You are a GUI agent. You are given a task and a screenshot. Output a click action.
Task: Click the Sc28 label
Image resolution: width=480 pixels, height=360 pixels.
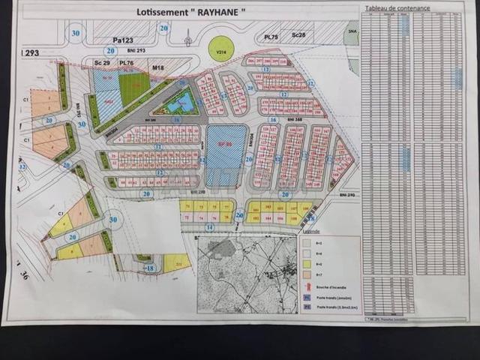pyautogui.click(x=298, y=34)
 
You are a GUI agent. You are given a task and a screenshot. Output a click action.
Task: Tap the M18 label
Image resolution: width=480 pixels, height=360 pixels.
pyautogui.click(x=158, y=67)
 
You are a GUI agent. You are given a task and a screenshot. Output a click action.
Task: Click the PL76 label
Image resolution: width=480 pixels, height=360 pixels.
pyautogui.click(x=125, y=63)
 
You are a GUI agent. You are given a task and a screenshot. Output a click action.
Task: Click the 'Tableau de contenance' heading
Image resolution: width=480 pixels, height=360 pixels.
pyautogui.click(x=397, y=8)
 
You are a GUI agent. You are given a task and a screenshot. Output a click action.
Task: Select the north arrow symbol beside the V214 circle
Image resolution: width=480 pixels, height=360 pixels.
pyautogui.click(x=187, y=41)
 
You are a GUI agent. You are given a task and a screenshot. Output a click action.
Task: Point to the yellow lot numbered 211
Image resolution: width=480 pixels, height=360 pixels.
pyautogui.click(x=175, y=263)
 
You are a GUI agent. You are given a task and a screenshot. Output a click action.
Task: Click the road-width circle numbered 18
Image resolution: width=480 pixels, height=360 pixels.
pyautogui.click(x=150, y=268)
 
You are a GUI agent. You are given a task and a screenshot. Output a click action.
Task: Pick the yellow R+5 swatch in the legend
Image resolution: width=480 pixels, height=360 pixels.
pyautogui.click(x=307, y=262)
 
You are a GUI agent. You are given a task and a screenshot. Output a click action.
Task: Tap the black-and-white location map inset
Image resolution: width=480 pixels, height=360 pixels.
pyautogui.click(x=247, y=274)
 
